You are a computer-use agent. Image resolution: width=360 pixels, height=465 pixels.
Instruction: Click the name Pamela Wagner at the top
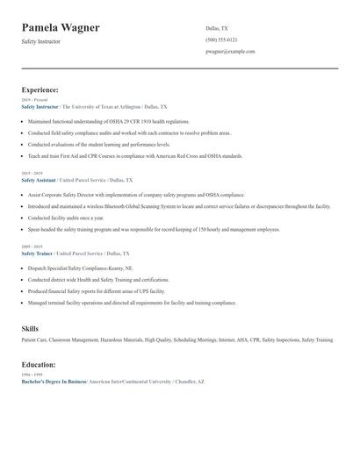pyautogui.click(x=61, y=28)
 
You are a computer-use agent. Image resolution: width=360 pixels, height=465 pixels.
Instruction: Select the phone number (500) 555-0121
pyautogui.click(x=221, y=39)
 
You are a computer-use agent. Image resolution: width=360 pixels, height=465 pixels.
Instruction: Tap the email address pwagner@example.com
pyautogui.click(x=230, y=52)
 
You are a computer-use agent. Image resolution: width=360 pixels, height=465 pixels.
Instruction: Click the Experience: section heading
pyautogui.click(x=40, y=89)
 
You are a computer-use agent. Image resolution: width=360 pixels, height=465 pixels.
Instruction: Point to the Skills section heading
pyautogui.click(x=30, y=328)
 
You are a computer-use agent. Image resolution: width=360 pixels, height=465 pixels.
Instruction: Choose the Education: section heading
pyautogui.click(x=39, y=364)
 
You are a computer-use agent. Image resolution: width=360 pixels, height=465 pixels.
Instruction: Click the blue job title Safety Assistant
pyautogui.click(x=40, y=179)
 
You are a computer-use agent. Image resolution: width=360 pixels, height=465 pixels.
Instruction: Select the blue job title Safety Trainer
pyautogui.click(x=38, y=253)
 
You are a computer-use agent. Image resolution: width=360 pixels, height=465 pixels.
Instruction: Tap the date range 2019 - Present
pyautogui.click(x=33, y=100)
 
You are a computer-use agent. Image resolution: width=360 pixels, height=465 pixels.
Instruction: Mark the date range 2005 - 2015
pyautogui.click(x=32, y=247)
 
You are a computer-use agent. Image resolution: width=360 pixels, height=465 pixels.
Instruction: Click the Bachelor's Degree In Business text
pyautogui.click(x=54, y=382)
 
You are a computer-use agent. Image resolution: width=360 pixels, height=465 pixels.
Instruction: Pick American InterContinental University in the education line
pyautogui.click(x=129, y=382)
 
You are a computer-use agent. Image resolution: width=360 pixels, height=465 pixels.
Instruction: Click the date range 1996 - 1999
pyautogui.click(x=32, y=376)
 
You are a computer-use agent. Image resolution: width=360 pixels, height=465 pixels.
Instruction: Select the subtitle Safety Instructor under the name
pyautogui.click(x=41, y=41)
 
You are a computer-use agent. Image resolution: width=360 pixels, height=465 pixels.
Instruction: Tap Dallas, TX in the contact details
pyautogui.click(x=217, y=28)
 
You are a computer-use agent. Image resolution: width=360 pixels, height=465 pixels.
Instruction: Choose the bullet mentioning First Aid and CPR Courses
pyautogui.click(x=135, y=155)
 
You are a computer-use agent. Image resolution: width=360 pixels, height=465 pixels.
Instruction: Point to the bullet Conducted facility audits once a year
pyautogui.click(x=66, y=217)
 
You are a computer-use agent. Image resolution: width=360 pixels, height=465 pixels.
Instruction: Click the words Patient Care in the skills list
pyautogui.click(x=35, y=340)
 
